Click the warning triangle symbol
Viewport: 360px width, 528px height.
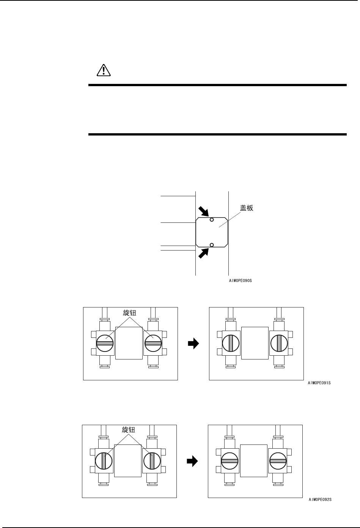point(103,70)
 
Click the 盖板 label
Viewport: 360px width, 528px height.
point(247,208)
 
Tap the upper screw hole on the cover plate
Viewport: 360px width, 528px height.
point(212,220)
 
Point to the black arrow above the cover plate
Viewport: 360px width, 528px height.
point(203,211)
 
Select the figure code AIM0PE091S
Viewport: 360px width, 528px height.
point(319,383)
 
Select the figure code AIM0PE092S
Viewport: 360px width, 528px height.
point(320,500)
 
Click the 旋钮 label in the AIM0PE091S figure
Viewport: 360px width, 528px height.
point(129,313)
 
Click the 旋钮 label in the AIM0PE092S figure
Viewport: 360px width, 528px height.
point(128,430)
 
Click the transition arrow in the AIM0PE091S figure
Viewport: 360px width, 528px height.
point(193,344)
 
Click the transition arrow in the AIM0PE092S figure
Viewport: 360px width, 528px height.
point(192,461)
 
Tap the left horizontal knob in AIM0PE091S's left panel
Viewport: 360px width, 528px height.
point(105,343)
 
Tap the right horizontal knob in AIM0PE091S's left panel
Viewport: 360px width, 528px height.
point(153,343)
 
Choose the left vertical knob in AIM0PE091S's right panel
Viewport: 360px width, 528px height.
point(231,343)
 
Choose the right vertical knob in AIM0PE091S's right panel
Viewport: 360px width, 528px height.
point(279,343)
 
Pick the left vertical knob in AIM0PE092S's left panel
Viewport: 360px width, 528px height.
point(104,461)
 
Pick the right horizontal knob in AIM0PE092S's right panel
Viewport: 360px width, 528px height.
point(278,461)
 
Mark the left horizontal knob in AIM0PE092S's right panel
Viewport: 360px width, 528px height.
point(230,461)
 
